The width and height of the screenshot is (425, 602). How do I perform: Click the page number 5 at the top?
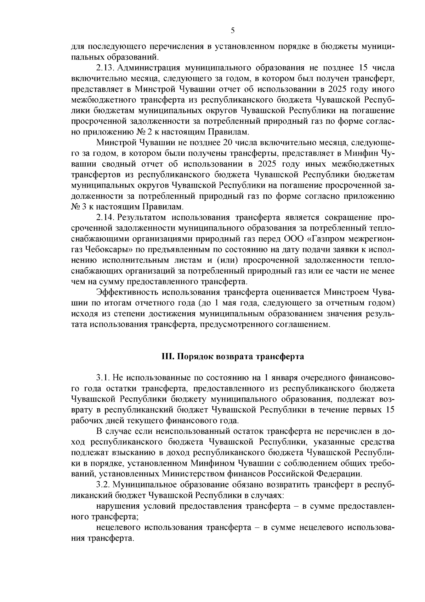tap(232, 31)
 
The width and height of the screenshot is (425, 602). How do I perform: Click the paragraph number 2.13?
tap(105, 68)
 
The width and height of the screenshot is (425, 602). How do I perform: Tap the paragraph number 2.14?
tap(105, 217)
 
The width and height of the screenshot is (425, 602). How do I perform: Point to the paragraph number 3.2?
tap(103, 485)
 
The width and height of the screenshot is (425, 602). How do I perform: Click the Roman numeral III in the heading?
tap(166, 356)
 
